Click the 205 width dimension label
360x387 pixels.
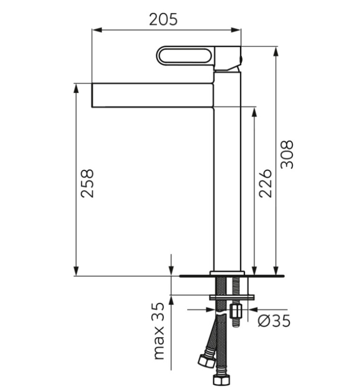click(163, 19)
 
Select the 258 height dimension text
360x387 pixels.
click(87, 183)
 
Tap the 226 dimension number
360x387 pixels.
click(265, 183)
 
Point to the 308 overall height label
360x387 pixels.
click(287, 155)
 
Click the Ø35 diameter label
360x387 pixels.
click(274, 321)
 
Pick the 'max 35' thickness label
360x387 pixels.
click(159, 331)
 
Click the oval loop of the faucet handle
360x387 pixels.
click(185, 56)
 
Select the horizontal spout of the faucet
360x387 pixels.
click(153, 95)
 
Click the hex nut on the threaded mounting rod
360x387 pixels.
click(236, 311)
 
